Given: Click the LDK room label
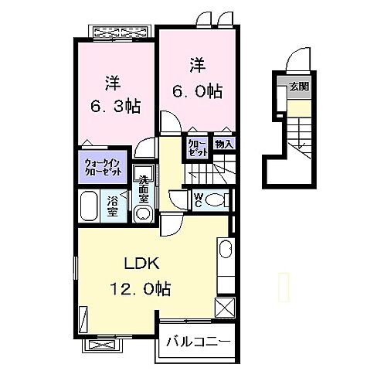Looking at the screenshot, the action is (141, 263).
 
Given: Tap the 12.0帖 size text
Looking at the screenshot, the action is (141, 288).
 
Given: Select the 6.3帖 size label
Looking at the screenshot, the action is (116, 106).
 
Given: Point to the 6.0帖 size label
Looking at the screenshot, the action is (197, 91).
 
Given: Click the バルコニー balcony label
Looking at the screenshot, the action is (199, 342).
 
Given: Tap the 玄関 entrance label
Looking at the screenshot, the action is (299, 87).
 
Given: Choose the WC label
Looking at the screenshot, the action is (198, 200).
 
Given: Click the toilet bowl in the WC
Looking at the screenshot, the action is (216, 200).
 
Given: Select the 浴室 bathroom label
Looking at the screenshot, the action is (113, 206).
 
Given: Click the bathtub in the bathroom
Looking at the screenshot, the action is (89, 206).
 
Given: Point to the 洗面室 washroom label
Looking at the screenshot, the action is (144, 189).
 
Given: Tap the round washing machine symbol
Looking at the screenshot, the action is (144, 213).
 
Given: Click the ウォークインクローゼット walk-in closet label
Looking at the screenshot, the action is (103, 167).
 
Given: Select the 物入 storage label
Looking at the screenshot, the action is (224, 145).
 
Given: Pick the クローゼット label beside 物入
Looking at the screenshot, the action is (198, 148).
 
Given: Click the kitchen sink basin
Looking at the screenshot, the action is (226, 249).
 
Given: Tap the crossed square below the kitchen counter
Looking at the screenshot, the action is (225, 308).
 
